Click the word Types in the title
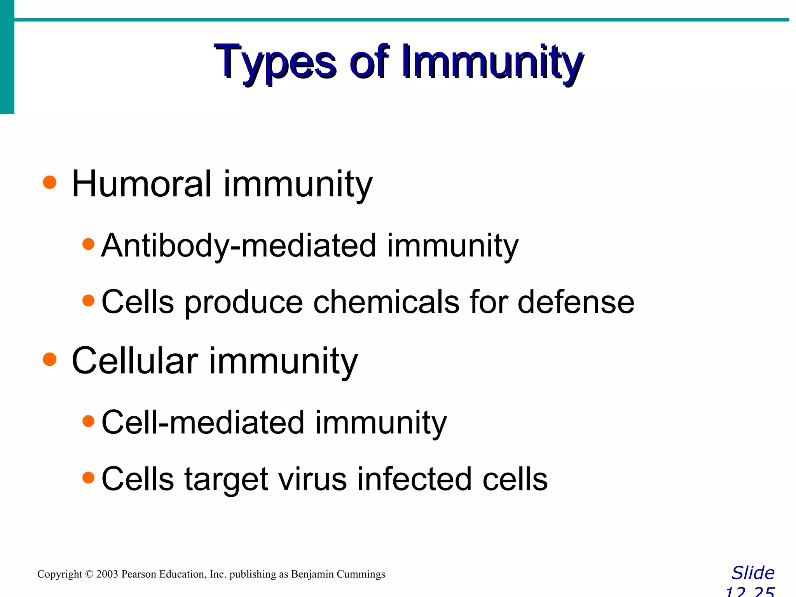click(274, 62)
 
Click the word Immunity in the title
click(492, 62)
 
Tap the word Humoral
click(142, 184)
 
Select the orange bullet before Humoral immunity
click(50, 182)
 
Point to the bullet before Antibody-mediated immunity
click(89, 244)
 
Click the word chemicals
click(386, 302)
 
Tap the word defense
click(576, 302)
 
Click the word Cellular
click(135, 361)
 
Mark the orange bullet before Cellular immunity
click(50, 359)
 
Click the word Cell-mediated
click(203, 422)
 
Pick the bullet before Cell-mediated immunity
click(89, 421)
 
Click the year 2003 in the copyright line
click(107, 574)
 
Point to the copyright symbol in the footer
click(89, 574)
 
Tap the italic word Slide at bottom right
click(753, 573)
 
